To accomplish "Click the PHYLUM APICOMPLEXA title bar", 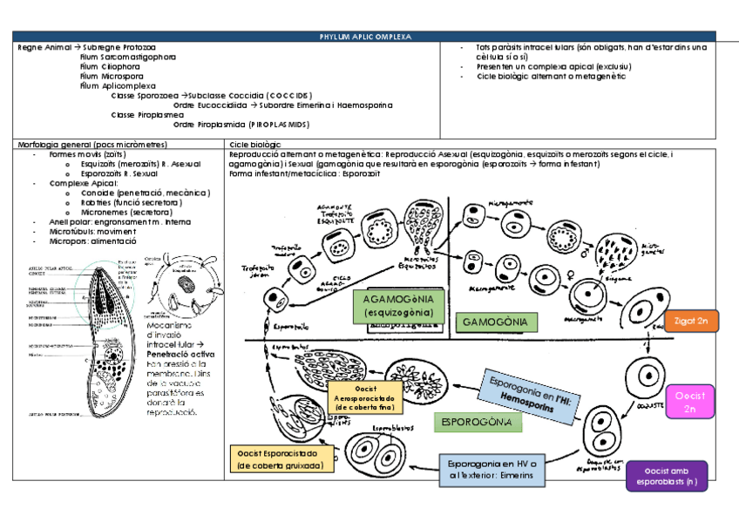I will coord(364,37).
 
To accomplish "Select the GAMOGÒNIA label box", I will coord(495,322).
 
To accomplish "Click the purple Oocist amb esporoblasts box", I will coord(667,476).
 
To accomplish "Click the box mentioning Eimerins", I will coord(492,471).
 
